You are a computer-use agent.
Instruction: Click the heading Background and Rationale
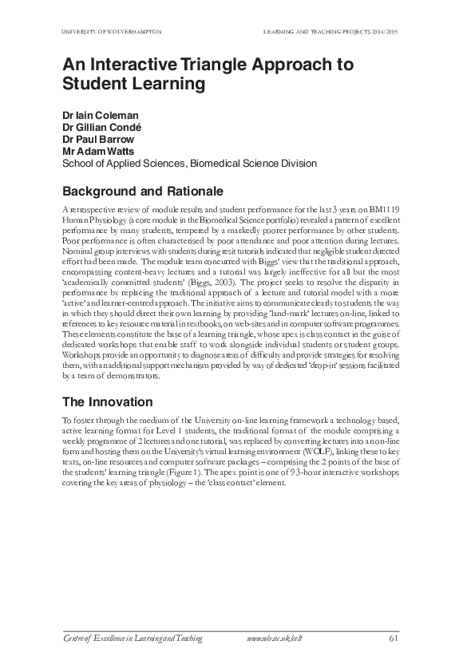coord(143,192)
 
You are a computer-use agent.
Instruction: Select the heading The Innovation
coord(107,401)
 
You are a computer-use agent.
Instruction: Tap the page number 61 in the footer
coord(394,638)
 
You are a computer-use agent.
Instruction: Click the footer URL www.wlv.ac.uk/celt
coord(275,638)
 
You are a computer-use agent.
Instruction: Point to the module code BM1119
coord(394,209)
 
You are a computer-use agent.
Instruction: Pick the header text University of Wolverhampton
coord(112,31)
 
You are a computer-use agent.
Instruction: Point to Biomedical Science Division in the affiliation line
coord(255,164)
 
